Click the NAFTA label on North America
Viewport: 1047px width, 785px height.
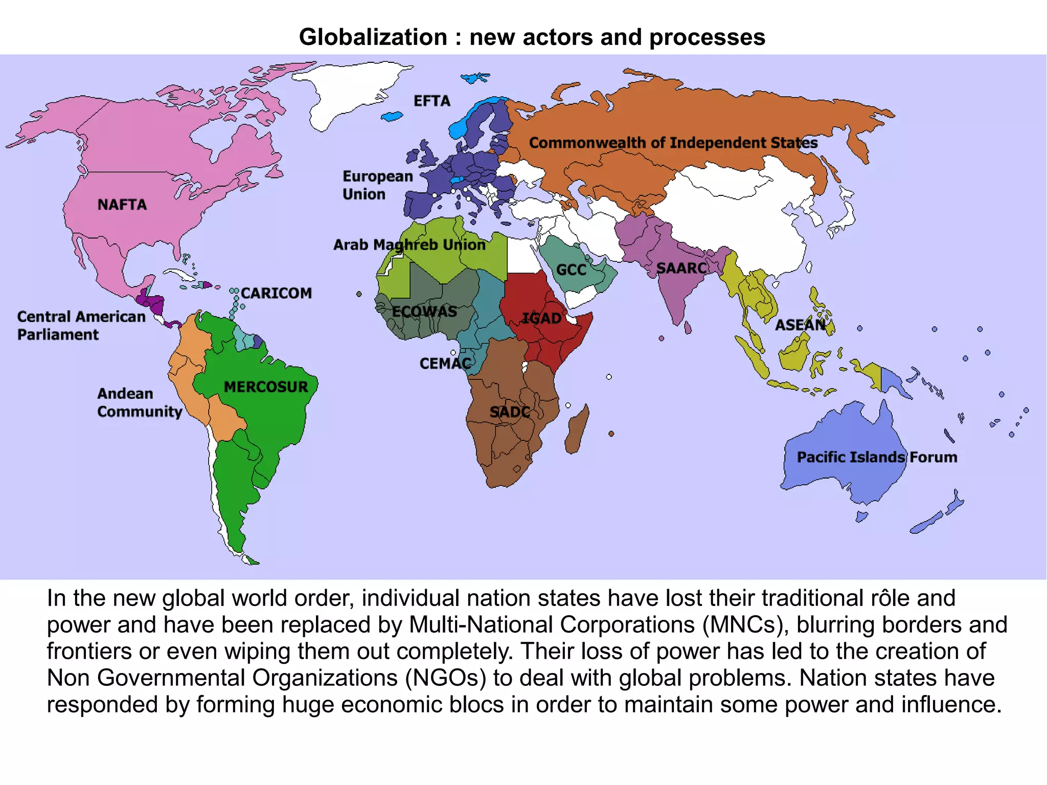(122, 205)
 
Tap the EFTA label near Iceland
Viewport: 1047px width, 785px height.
(432, 101)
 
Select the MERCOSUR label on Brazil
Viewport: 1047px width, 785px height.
(266, 387)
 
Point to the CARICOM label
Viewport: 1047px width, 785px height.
(276, 293)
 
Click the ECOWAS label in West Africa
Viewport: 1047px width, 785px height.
(424, 311)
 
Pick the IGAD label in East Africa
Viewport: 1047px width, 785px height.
(541, 318)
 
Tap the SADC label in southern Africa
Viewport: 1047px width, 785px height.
(510, 412)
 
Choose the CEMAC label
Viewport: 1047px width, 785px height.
(445, 364)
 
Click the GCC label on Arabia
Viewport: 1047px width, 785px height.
(571, 270)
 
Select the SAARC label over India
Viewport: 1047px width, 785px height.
(681, 268)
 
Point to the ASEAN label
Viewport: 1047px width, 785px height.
(800, 325)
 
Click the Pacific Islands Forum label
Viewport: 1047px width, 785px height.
(877, 457)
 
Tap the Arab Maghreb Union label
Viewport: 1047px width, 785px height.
(409, 244)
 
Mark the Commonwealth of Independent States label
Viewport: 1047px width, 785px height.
(673, 143)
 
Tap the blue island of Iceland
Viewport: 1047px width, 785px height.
(392, 117)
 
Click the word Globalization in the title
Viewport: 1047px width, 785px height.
(373, 37)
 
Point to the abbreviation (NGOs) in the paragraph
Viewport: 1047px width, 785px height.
(445, 678)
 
